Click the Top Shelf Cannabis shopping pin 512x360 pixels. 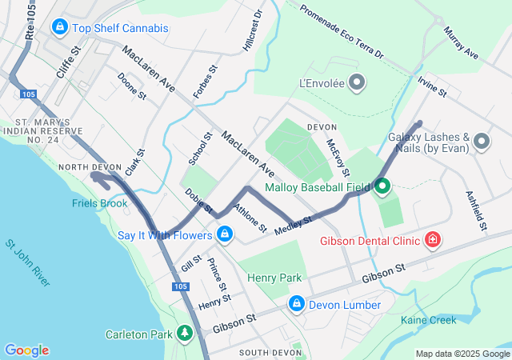click(x=59, y=28)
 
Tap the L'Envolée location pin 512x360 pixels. click(x=358, y=82)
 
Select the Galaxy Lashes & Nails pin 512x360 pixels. click(x=481, y=142)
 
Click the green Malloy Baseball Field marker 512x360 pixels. click(x=382, y=187)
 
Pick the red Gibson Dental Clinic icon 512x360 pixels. click(x=433, y=239)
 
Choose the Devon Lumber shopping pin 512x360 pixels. click(x=296, y=304)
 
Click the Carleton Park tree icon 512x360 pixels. click(x=185, y=332)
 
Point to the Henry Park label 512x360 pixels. click(x=274, y=278)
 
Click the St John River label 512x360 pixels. click(x=27, y=262)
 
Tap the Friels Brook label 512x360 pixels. click(x=99, y=203)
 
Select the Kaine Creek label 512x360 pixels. click(x=428, y=320)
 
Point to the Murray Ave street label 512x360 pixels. click(x=460, y=42)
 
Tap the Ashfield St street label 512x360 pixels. click(x=477, y=210)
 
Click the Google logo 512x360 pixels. click(x=26, y=350)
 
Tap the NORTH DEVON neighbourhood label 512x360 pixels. click(x=90, y=167)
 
